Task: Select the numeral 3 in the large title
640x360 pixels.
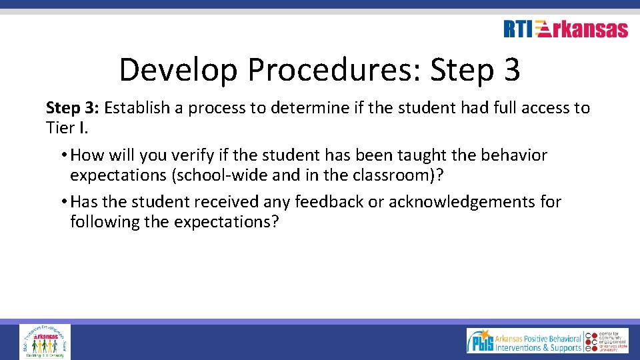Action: [511, 70]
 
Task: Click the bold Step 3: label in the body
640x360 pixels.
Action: [73, 108]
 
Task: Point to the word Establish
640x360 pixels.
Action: [137, 108]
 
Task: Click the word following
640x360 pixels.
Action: [101, 221]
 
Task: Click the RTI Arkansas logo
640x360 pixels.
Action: [565, 29]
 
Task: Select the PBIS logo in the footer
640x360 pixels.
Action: [523, 340]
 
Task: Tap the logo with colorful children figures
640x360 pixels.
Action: [45, 341]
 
